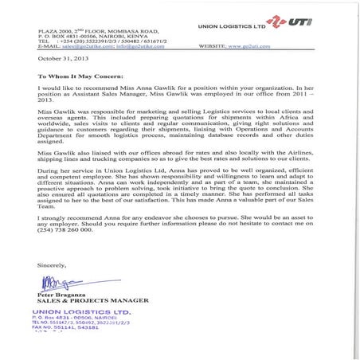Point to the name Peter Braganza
[x=60, y=293]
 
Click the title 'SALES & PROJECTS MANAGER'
[x=78, y=299]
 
